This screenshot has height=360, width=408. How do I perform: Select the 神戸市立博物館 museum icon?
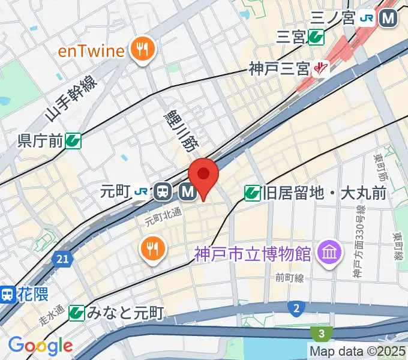[x=329, y=250]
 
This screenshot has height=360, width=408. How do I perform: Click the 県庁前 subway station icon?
[x=74, y=142]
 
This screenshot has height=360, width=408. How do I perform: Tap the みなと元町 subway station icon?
[x=76, y=313]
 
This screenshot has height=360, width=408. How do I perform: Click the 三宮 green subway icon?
[x=316, y=38]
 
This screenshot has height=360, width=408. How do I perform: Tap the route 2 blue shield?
[x=296, y=308]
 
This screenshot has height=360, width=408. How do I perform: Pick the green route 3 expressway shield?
[x=322, y=333]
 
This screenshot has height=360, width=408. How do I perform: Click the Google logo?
[x=40, y=346]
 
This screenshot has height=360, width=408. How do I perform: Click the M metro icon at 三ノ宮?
[x=389, y=19]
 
